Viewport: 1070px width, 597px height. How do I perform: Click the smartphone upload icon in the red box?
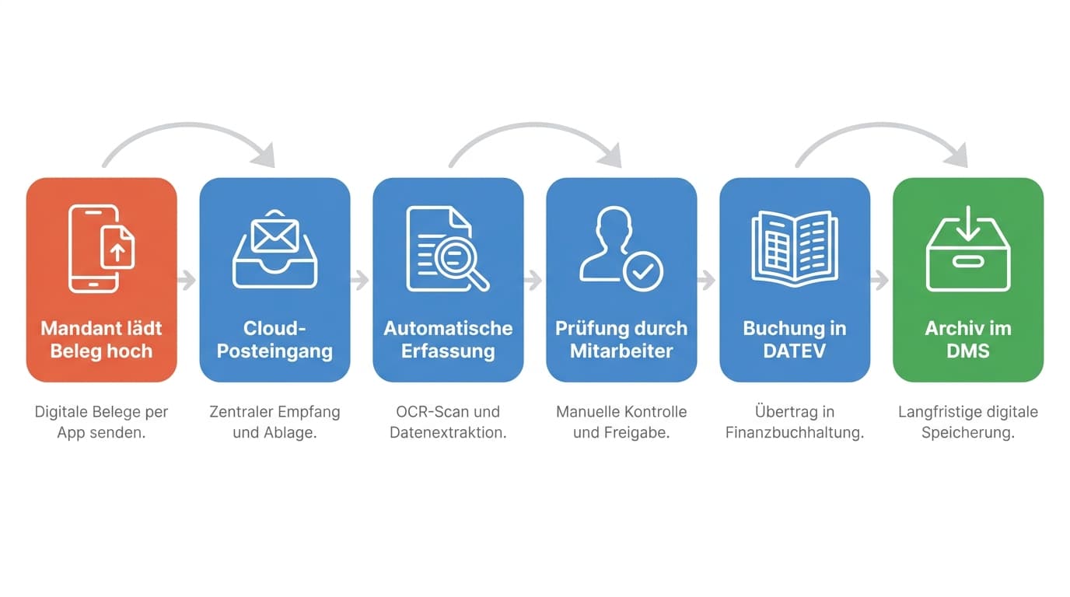click(101, 248)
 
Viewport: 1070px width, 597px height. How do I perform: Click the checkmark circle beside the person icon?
click(643, 271)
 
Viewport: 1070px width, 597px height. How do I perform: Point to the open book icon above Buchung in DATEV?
click(795, 248)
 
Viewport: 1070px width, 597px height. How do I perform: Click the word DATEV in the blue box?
click(795, 351)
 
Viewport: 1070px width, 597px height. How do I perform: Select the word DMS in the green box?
click(968, 351)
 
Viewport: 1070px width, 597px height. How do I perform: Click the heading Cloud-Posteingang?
click(274, 340)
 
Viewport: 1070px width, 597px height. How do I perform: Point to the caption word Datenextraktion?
click(448, 433)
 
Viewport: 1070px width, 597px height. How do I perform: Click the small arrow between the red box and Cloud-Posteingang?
click(187, 281)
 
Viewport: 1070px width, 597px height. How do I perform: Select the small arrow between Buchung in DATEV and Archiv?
click(879, 281)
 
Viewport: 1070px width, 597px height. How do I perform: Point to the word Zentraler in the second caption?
click(241, 412)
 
